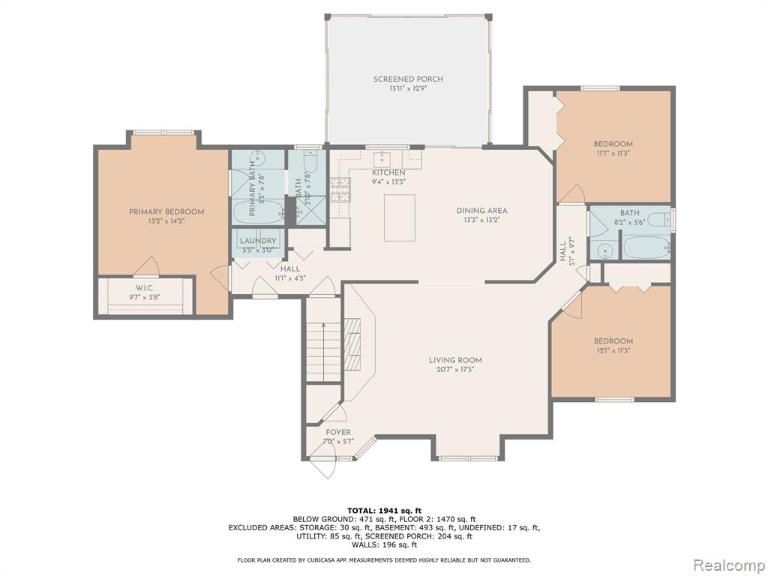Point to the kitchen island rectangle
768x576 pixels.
tap(400, 218)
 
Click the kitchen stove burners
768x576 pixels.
tap(340, 190)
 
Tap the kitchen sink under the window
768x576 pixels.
tap(381, 158)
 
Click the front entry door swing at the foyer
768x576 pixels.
tap(324, 467)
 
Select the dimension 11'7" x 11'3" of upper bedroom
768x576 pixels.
tap(613, 153)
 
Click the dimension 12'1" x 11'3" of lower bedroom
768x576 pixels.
tap(613, 350)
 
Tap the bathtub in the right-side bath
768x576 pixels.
tap(646, 247)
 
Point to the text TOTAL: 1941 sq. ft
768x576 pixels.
tap(384, 511)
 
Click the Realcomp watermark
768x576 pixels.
tap(728, 565)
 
